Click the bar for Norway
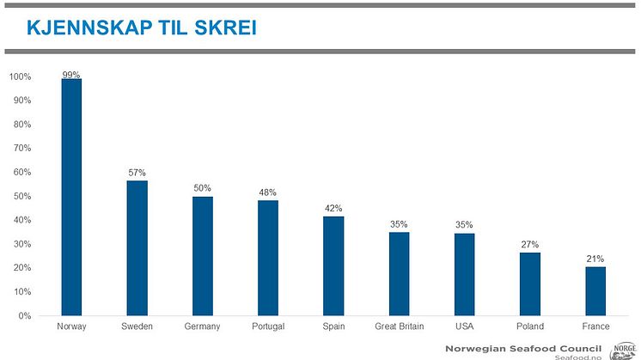(x=71, y=197)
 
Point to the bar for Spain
(x=333, y=265)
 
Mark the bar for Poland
(x=530, y=284)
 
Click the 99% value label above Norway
(x=71, y=75)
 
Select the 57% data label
(x=137, y=173)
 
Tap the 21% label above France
(x=595, y=259)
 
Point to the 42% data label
(x=333, y=209)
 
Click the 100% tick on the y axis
(x=21, y=77)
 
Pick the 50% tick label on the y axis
(x=22, y=197)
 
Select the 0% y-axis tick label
(x=25, y=315)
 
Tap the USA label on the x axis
(x=464, y=326)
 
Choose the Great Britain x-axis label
(x=399, y=326)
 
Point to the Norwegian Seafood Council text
(x=524, y=347)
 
